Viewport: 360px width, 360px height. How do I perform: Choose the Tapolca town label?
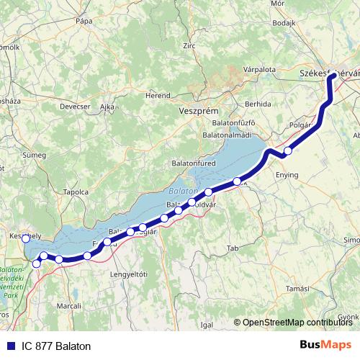(76, 192)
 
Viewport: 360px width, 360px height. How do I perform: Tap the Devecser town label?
(73, 106)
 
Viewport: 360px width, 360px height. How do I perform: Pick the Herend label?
(158, 94)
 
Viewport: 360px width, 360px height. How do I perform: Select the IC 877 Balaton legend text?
(55, 346)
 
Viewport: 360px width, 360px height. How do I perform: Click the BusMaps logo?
(325, 346)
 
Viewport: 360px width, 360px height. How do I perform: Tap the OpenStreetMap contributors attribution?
(296, 323)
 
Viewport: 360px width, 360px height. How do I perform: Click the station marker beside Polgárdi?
(288, 151)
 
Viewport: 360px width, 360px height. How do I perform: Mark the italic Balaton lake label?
(183, 192)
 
